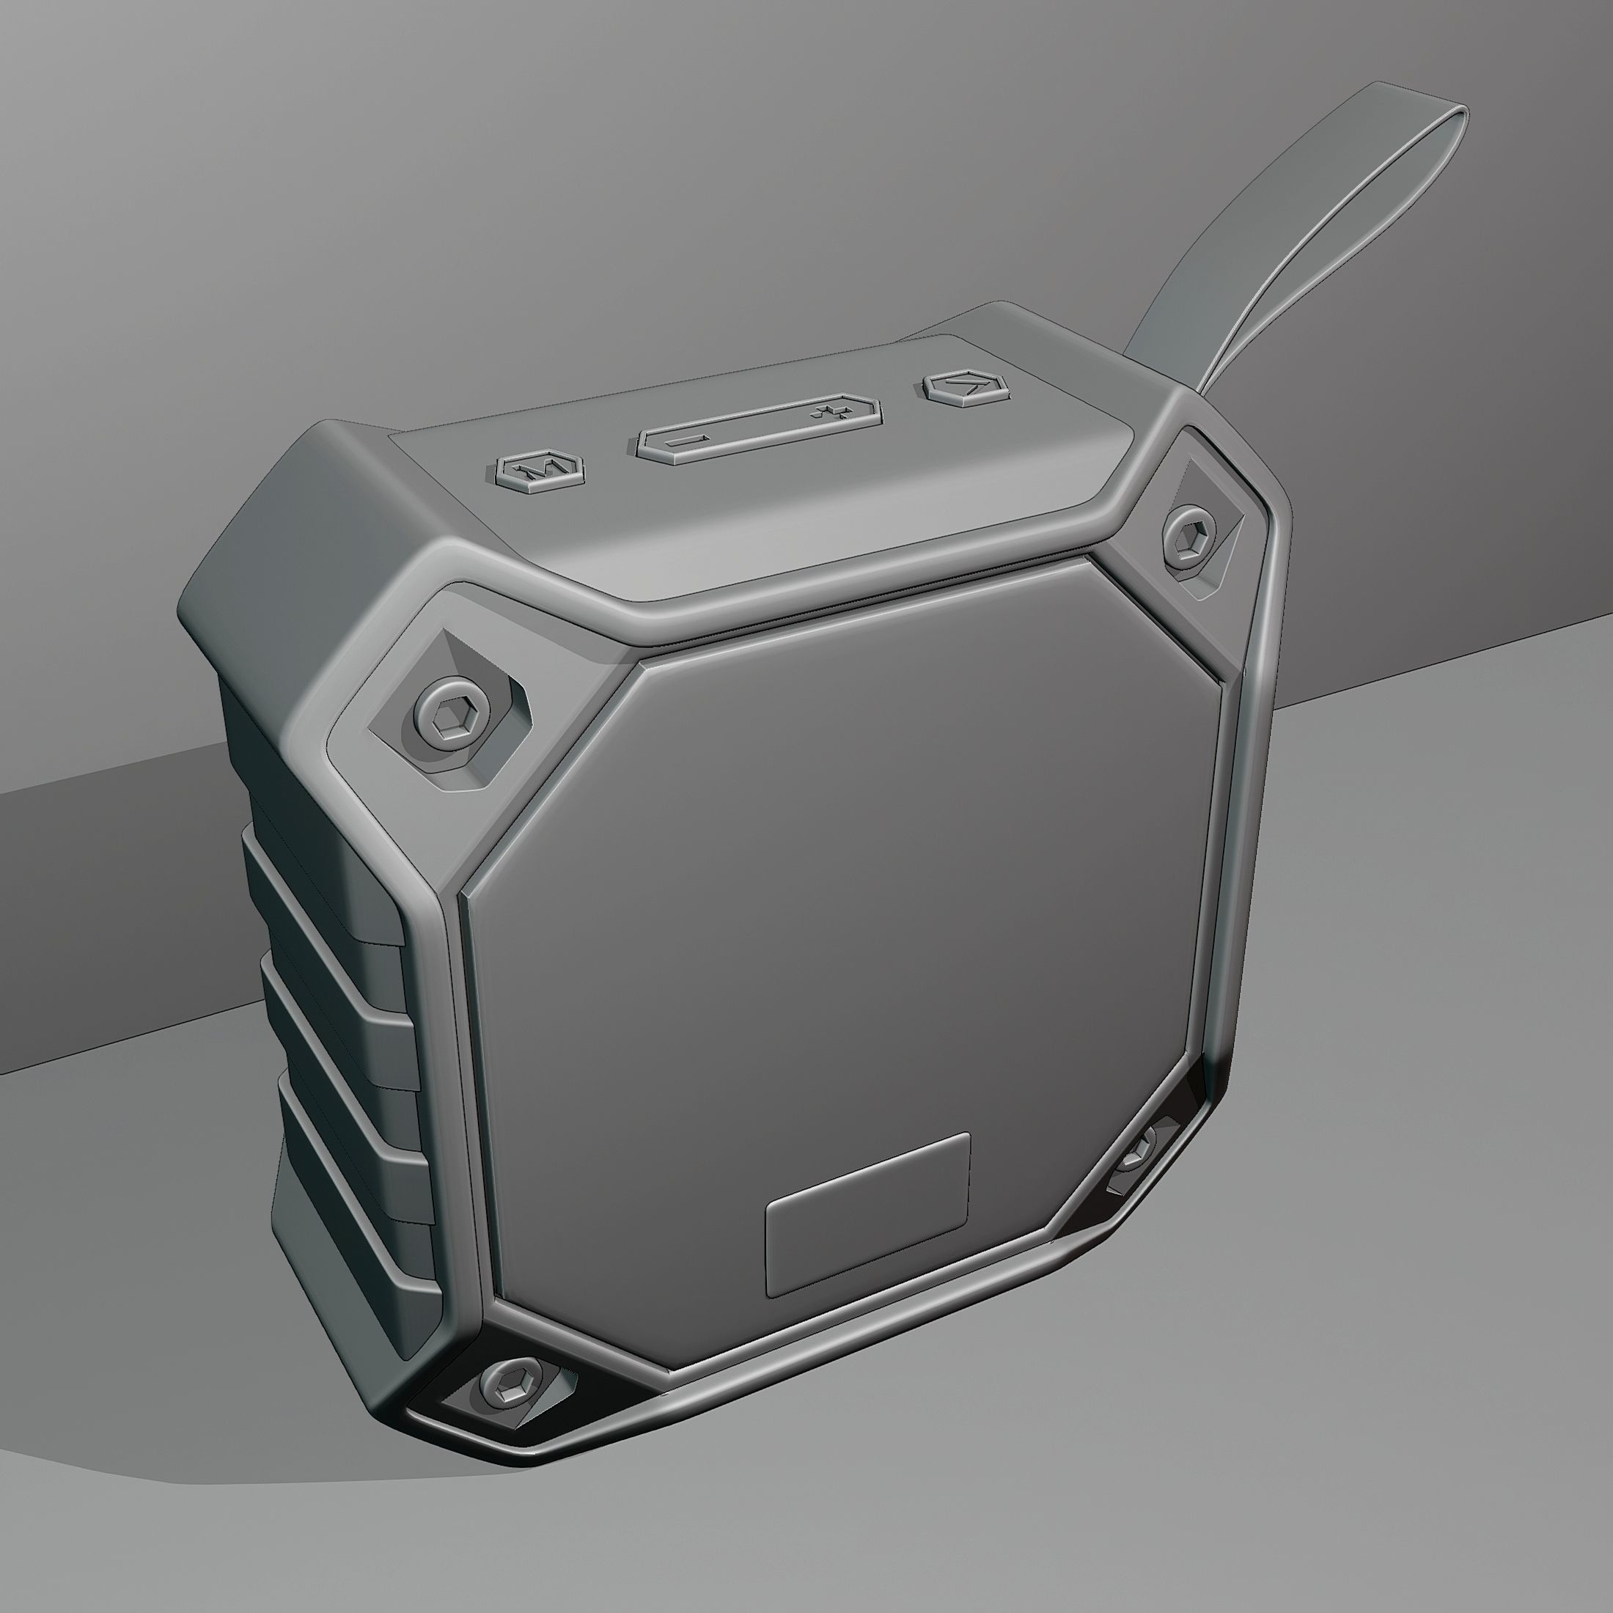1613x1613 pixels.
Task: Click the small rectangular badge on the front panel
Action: pyautogui.click(x=867, y=1216)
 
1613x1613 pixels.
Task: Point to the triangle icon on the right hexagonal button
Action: pyautogui.click(x=969, y=385)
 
